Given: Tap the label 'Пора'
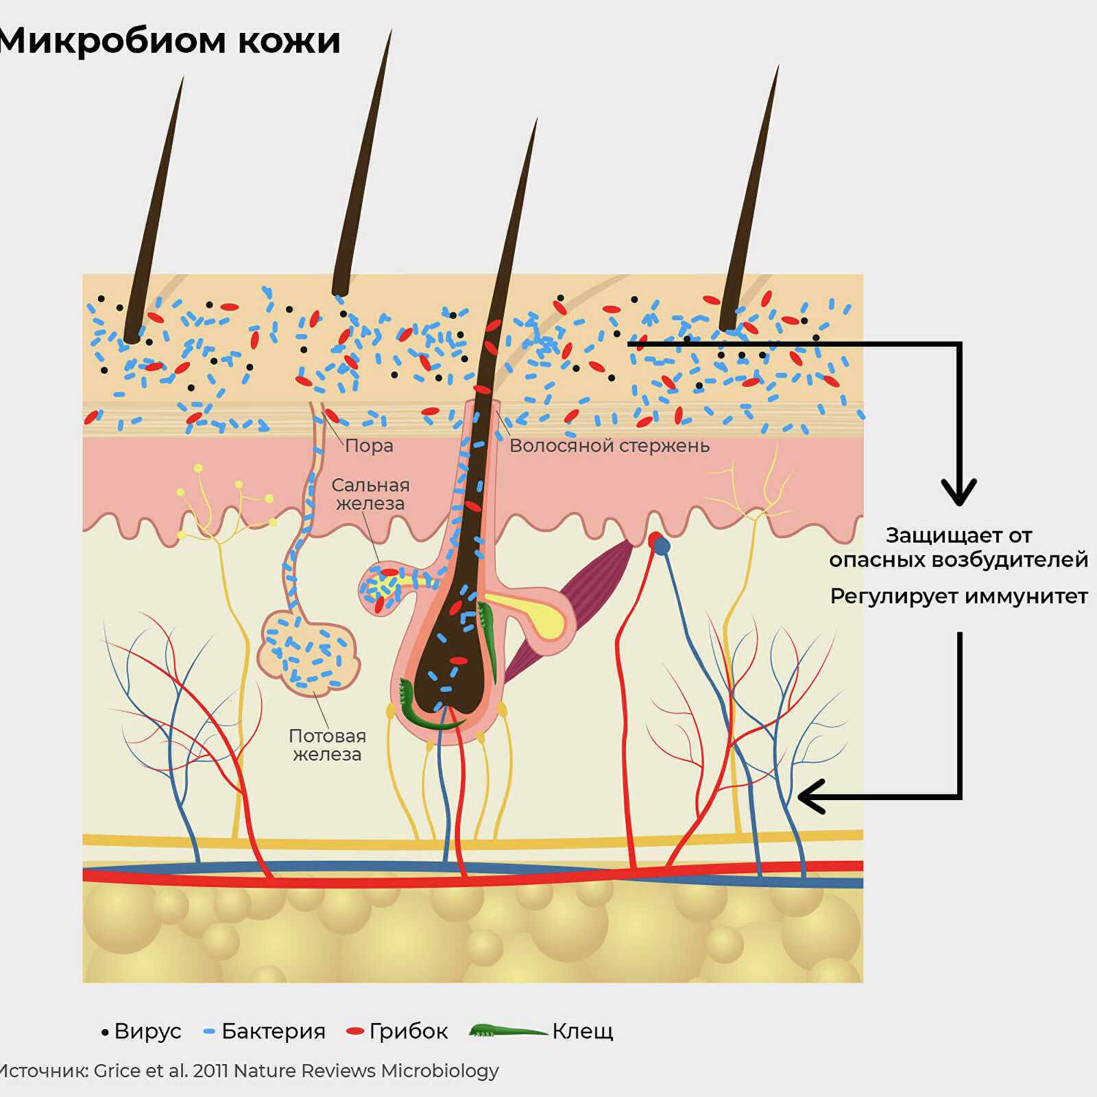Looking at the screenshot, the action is (369, 446).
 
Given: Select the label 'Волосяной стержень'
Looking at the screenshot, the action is (610, 446).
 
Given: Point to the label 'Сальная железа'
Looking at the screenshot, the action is (370, 494).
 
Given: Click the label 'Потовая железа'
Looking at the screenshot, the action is (327, 745).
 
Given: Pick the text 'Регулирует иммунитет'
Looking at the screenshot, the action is (959, 596).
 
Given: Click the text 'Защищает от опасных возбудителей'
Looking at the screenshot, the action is (959, 547).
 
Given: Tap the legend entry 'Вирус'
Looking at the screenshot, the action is (141, 1031).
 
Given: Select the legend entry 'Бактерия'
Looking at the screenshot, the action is (265, 1031).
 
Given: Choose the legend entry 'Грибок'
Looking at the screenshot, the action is (398, 1031).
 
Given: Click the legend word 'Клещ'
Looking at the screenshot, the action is (583, 1031).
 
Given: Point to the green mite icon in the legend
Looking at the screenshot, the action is (508, 1030).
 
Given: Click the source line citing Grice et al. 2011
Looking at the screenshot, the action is (249, 1070).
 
